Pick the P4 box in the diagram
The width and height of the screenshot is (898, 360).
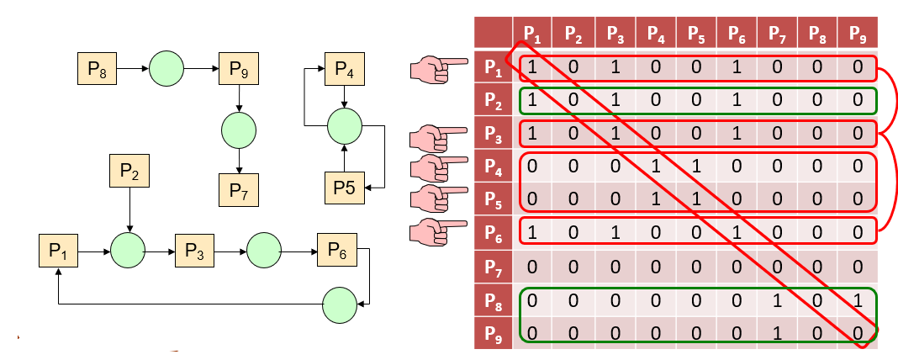pyautogui.click(x=344, y=67)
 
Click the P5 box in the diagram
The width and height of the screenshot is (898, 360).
pyautogui.click(x=344, y=187)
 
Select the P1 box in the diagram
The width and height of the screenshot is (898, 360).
pyautogui.click(x=58, y=251)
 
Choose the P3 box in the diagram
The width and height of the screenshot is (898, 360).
pyautogui.click(x=194, y=251)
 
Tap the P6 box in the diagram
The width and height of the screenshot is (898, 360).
pyautogui.click(x=336, y=251)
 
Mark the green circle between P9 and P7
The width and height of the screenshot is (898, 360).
pyautogui.click(x=239, y=130)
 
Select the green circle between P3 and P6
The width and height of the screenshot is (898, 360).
pyautogui.click(x=264, y=251)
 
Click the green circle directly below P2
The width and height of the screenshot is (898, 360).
pyautogui.click(x=129, y=251)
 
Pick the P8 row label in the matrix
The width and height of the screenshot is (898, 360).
pyautogui.click(x=494, y=299)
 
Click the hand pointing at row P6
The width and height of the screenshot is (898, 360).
pyautogui.click(x=438, y=230)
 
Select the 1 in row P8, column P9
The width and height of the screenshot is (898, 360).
pyautogui.click(x=857, y=299)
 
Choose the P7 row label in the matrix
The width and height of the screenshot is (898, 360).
pyautogui.click(x=494, y=267)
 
